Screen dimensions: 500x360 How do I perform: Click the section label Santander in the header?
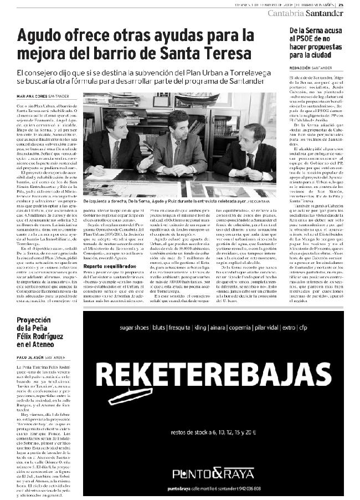(x=332, y=13)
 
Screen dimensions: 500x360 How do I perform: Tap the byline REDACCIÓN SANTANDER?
(x=310, y=67)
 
